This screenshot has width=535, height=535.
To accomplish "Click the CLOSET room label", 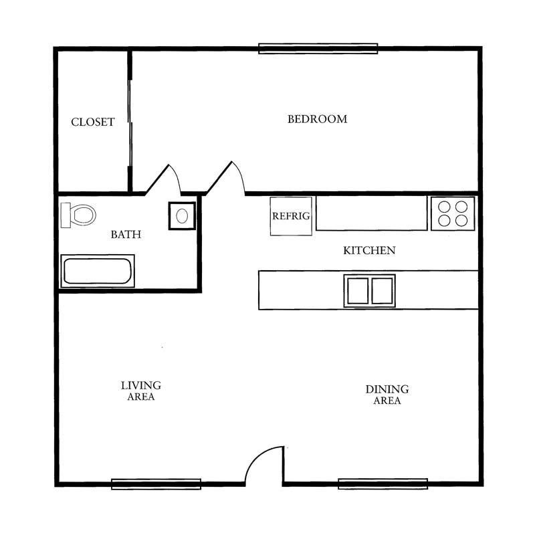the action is coord(92,122).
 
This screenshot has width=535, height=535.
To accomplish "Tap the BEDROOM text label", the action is coord(317,119).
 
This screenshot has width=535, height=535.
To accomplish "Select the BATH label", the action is coord(126,235).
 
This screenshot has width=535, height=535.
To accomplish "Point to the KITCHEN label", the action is coord(369,250).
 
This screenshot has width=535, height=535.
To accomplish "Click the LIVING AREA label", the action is coord(141,391).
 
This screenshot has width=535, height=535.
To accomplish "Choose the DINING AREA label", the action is coord(387,395).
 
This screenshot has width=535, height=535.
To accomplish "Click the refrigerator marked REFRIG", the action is coord(291,216).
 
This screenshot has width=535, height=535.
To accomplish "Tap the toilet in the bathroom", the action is coord(78,215).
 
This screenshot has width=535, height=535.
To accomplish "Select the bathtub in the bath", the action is coord(98,271).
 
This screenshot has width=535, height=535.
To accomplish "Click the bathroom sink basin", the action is coord(182,215).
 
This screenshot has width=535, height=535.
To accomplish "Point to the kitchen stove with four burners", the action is coord(453,213).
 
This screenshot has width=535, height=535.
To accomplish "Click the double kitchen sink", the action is coord(370,291).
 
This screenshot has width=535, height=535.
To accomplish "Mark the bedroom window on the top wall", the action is coord(318,48).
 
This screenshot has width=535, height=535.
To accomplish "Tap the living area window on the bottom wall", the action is coord(156,484).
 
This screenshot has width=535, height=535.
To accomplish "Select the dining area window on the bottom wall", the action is coord(383,484).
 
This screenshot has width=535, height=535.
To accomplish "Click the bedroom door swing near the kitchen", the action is coord(240,173).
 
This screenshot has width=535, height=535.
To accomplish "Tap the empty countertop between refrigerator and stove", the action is coord(372,213).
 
